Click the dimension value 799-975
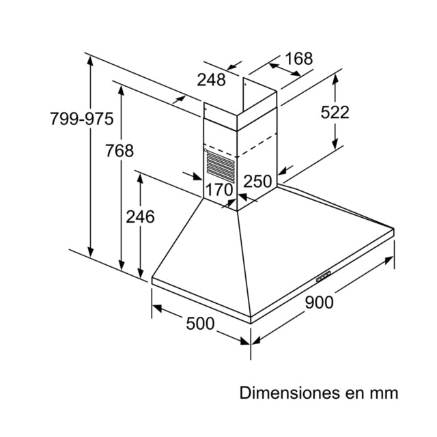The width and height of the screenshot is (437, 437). tap(82, 118)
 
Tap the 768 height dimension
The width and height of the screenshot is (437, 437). tap(119, 150)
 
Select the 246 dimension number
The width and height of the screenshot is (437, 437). tap(140, 216)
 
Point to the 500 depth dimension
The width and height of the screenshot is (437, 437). tap(200, 324)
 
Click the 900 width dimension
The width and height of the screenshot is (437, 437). tap(319, 302)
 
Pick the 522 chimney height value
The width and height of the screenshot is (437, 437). tap(335, 112)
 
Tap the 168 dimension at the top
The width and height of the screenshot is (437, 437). tap(299, 59)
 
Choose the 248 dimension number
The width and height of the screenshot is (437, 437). tap(211, 80)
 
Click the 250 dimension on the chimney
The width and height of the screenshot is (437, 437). tap(257, 181)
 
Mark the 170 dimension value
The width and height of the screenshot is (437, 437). tap(219, 190)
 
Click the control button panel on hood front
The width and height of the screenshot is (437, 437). tap(323, 277)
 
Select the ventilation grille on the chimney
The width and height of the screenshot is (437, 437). tap(220, 167)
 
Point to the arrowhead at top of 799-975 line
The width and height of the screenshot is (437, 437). tap(90, 61)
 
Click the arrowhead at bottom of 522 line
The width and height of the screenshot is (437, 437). tap(335, 144)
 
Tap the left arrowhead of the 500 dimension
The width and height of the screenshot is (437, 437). tap(157, 308)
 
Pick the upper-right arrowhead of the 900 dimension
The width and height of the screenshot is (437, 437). tap(389, 260)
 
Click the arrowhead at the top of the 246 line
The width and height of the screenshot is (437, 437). tap(140, 178)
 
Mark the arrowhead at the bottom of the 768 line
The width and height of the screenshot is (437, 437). tap(121, 265)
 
